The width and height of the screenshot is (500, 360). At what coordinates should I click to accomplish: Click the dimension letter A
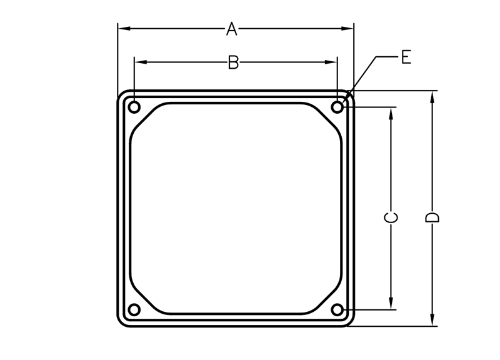pyautogui.click(x=232, y=29)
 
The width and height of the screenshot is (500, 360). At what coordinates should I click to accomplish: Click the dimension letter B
pyautogui.click(x=233, y=62)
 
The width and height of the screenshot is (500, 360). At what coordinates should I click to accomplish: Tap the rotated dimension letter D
pyautogui.click(x=432, y=217)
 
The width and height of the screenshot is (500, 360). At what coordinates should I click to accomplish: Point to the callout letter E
pyautogui.click(x=406, y=58)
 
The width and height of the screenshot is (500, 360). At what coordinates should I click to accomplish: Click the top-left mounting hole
pyautogui.click(x=134, y=107)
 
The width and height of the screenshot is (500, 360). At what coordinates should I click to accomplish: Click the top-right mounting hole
pyautogui.click(x=337, y=107)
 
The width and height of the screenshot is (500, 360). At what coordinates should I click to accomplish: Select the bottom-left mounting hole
pyautogui.click(x=134, y=309)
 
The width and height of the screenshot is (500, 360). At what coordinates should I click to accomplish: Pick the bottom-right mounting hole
pyautogui.click(x=337, y=309)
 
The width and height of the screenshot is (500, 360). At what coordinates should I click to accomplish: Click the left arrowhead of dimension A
pyautogui.click(x=123, y=28)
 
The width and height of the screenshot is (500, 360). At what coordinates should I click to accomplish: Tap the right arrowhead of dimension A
pyautogui.click(x=349, y=28)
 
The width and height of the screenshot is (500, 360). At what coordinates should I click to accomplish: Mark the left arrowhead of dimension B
pyautogui.click(x=139, y=62)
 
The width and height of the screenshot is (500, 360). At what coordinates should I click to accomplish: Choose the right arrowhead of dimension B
pyautogui.click(x=332, y=62)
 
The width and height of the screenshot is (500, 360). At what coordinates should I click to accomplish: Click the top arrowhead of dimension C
pyautogui.click(x=391, y=112)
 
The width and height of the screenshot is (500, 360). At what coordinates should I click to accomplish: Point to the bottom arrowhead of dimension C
pyautogui.click(x=391, y=304)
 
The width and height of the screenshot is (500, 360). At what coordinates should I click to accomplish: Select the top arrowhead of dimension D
pyautogui.click(x=432, y=96)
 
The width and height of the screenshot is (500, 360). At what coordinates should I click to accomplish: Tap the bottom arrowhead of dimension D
pyautogui.click(x=432, y=320)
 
